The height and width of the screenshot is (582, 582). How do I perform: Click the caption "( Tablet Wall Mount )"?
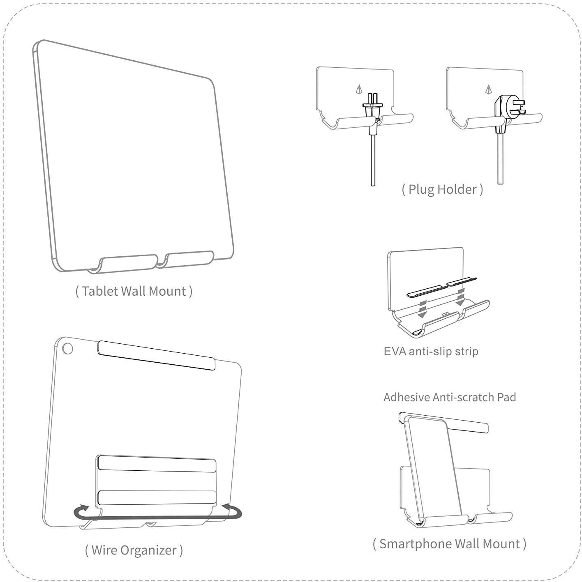pyautogui.click(x=134, y=291)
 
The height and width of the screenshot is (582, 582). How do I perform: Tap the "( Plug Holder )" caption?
pyautogui.click(x=442, y=189)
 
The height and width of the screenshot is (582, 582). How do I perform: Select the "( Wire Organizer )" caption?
pyautogui.click(x=134, y=550)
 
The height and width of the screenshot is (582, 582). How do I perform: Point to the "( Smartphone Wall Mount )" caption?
pyautogui.click(x=449, y=544)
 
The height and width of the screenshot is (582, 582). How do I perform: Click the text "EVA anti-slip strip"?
pyautogui.click(x=431, y=352)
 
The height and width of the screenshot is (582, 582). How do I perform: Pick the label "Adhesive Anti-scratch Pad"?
pyautogui.click(x=450, y=397)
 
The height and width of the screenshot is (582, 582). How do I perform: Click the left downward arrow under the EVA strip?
pyautogui.click(x=421, y=309)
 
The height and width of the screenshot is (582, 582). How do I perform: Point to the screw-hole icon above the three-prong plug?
pyautogui.click(x=489, y=88)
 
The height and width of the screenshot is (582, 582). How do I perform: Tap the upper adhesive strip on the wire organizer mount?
pyautogui.click(x=156, y=463)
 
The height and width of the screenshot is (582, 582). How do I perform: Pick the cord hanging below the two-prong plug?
pyautogui.click(x=373, y=160)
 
